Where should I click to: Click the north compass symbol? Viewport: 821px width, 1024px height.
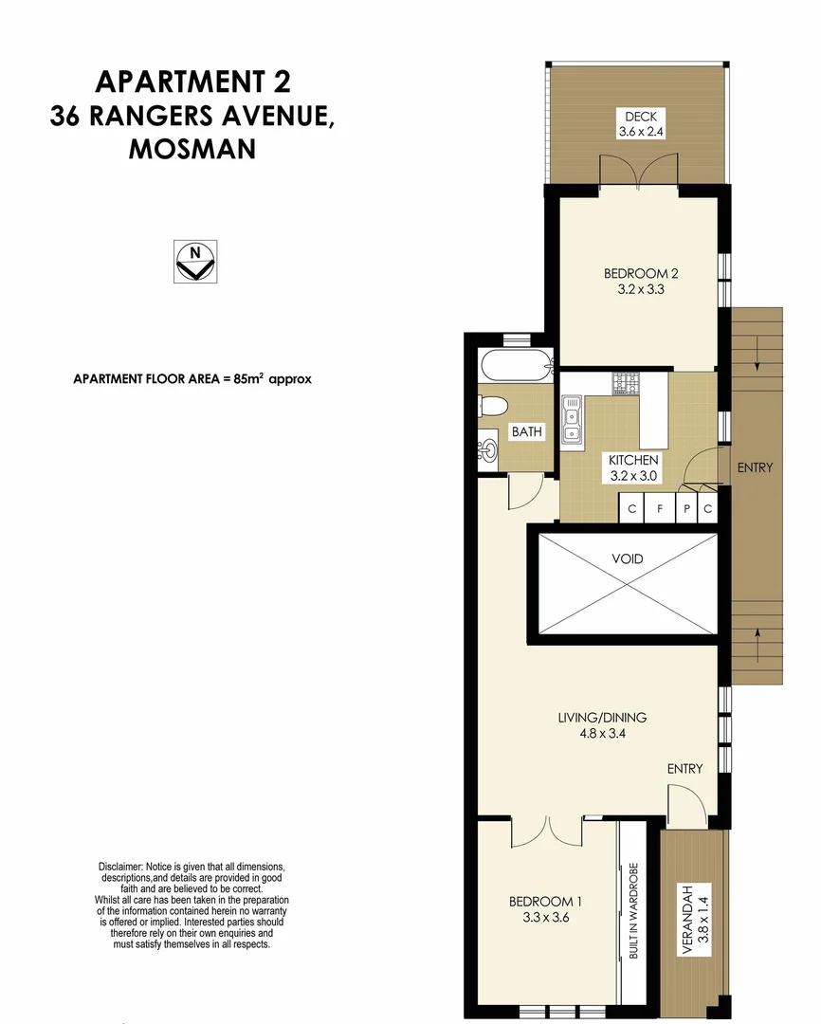click(195, 261)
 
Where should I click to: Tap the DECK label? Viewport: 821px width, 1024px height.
click(640, 118)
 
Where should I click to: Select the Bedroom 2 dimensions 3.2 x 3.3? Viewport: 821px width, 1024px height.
click(641, 290)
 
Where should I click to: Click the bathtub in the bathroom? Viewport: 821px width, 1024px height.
click(516, 365)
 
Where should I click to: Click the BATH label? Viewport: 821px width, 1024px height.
click(527, 432)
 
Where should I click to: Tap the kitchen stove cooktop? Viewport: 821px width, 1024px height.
click(628, 383)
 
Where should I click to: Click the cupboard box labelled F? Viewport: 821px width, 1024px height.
click(659, 509)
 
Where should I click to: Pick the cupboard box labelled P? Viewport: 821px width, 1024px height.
click(687, 509)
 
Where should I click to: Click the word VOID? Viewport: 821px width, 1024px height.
click(627, 558)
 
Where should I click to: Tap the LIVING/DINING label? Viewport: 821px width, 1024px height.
click(602, 718)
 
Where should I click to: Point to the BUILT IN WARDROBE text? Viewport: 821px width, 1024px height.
click(633, 910)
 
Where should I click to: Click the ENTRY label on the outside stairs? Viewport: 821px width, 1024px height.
click(755, 467)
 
